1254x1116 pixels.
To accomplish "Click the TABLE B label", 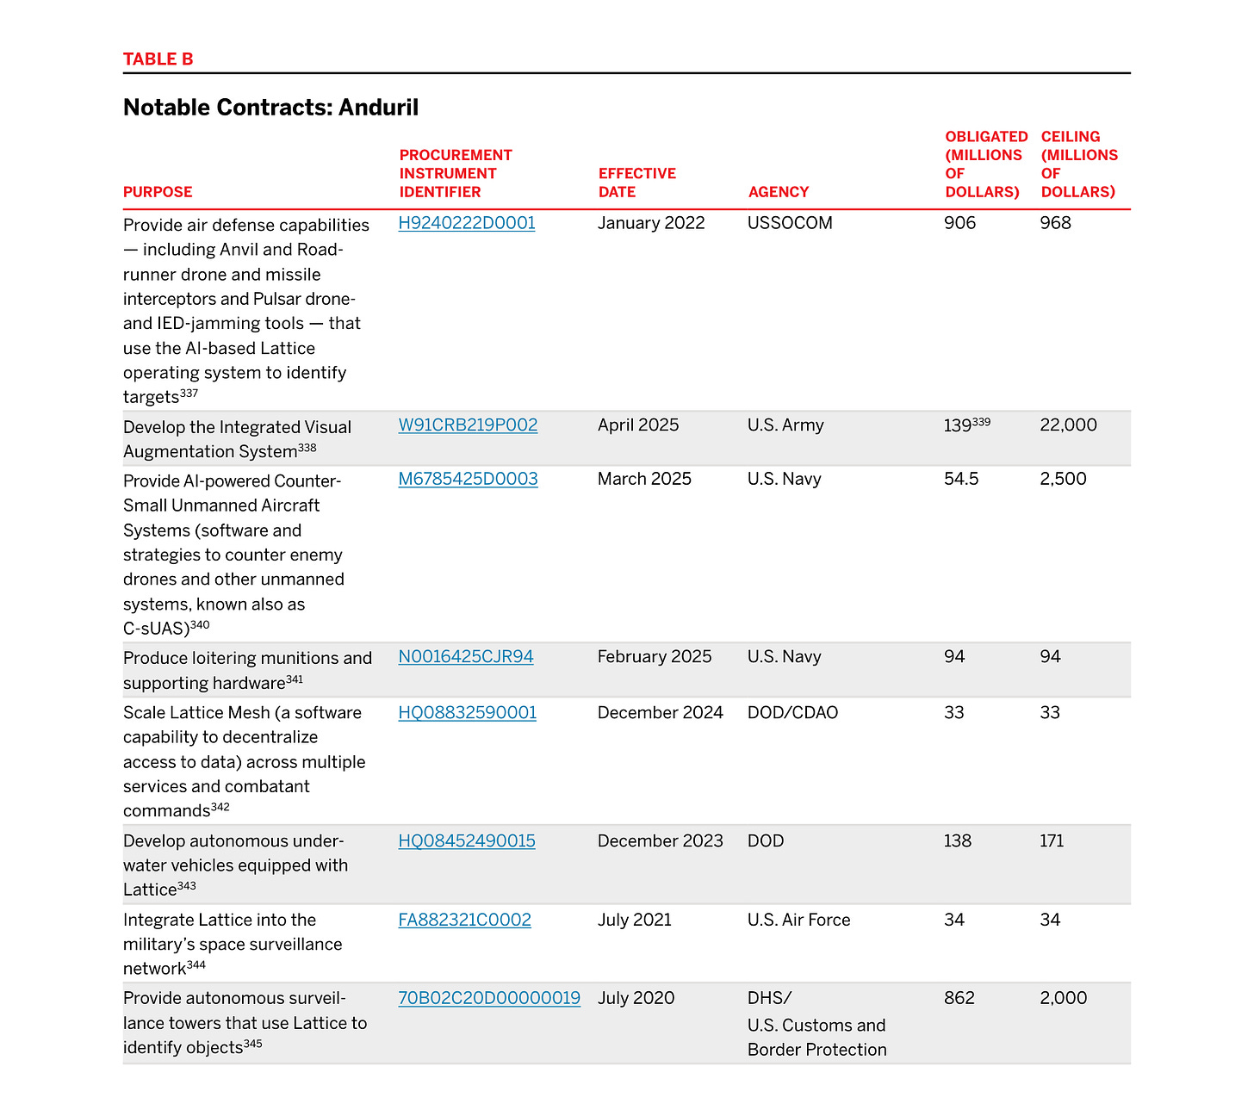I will pyautogui.click(x=158, y=59).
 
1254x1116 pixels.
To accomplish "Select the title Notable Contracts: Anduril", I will pyautogui.click(x=270, y=108).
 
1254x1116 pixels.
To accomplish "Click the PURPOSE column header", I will pyautogui.click(x=158, y=192).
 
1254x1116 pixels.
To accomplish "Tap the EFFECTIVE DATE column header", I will pyautogui.click(x=636, y=183).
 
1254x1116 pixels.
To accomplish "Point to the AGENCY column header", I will pyautogui.click(x=778, y=192).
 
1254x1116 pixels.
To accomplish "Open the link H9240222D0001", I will pyautogui.click(x=467, y=223).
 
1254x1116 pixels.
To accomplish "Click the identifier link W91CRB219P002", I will pyautogui.click(x=468, y=425).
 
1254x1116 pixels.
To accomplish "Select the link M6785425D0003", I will pyautogui.click(x=468, y=479).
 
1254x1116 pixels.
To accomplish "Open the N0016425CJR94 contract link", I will pyautogui.click(x=466, y=657).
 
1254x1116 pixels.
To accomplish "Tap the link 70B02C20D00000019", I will pyautogui.click(x=489, y=998).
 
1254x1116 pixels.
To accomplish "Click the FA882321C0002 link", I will pyautogui.click(x=464, y=920).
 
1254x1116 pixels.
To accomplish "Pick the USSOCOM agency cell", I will pyautogui.click(x=790, y=223).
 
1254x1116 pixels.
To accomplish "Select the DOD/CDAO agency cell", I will pyautogui.click(x=792, y=713).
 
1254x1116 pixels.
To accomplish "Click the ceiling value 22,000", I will pyautogui.click(x=1068, y=425).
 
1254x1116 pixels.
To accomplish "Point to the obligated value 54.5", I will pyautogui.click(x=961, y=479).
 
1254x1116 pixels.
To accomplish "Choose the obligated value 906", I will pyautogui.click(x=959, y=223).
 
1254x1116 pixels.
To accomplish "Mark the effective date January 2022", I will pyautogui.click(x=651, y=223).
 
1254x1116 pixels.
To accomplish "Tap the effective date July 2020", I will pyautogui.click(x=636, y=998).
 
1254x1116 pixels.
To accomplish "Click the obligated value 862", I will pyautogui.click(x=959, y=998).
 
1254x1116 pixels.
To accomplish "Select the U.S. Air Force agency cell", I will pyautogui.click(x=798, y=920).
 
